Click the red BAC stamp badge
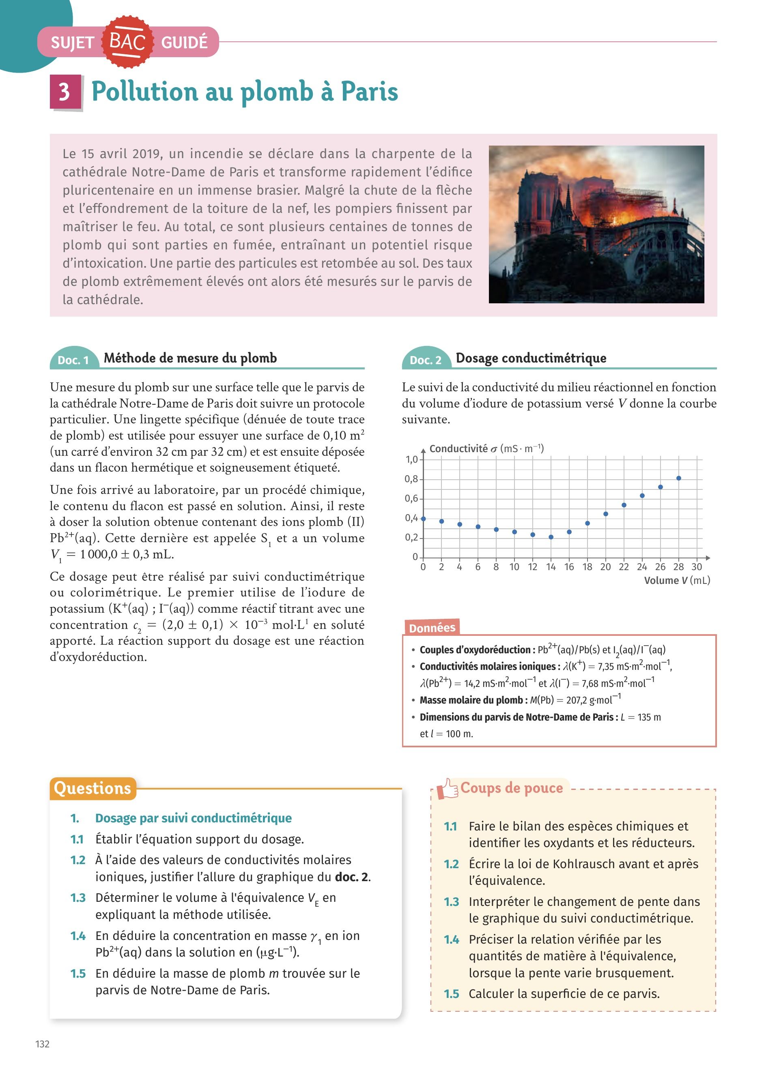(x=127, y=41)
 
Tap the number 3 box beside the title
(x=65, y=91)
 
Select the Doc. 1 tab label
(x=73, y=360)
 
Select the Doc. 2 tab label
(x=425, y=360)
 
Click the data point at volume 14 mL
(x=551, y=537)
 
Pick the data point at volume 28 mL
(x=679, y=478)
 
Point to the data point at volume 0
(x=423, y=519)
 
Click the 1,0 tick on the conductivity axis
(x=411, y=459)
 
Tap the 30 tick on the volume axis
(x=697, y=566)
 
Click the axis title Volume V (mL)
(x=677, y=580)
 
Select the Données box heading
(x=432, y=628)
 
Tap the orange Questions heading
(x=92, y=788)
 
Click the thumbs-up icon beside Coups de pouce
(x=447, y=788)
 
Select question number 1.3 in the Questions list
(x=78, y=897)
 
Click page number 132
(x=42, y=1044)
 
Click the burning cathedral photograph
(x=596, y=224)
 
